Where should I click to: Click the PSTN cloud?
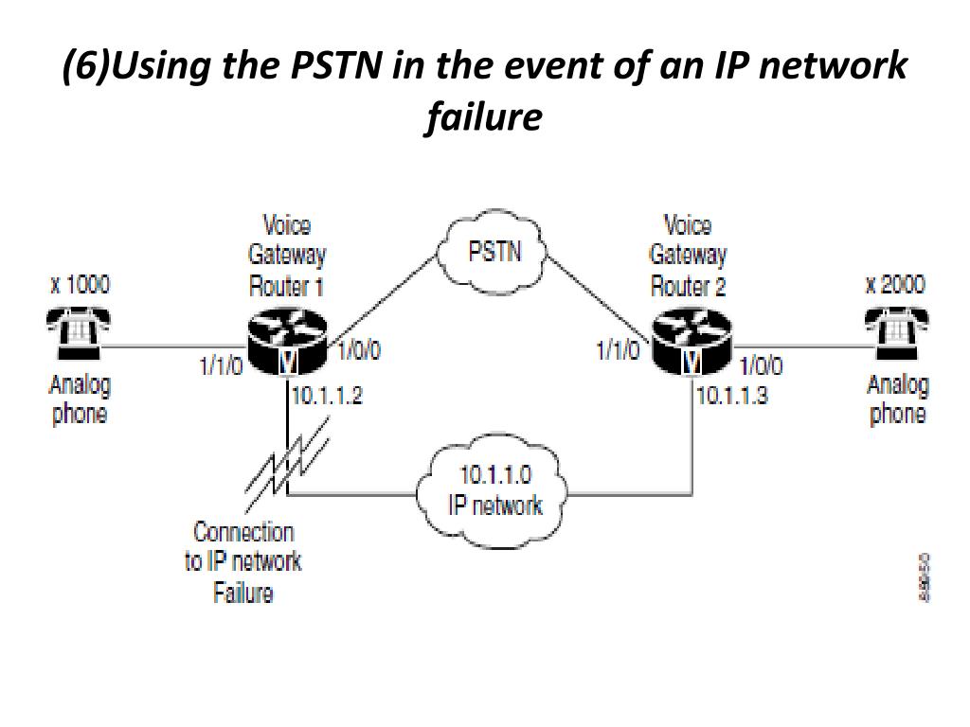[494, 253]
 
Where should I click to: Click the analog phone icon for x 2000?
[896, 333]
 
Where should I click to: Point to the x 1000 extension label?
[80, 284]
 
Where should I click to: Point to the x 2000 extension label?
[895, 284]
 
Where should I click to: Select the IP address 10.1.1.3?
[731, 395]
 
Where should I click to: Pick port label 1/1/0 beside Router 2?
[618, 351]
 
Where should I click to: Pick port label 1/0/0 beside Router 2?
[761, 365]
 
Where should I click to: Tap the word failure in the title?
[484, 117]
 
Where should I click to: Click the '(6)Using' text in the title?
[119, 67]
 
